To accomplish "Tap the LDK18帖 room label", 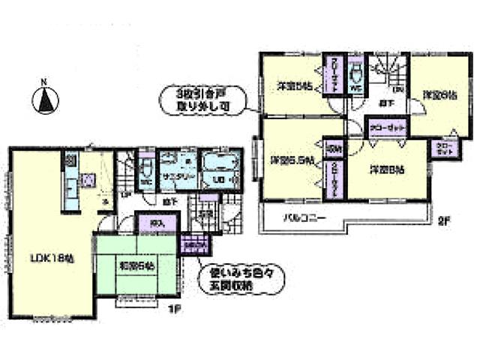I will coord(50,259).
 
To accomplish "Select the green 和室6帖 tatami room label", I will coord(136,265).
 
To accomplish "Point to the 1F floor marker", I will coord(170,307).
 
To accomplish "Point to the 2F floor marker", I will coord(443,221).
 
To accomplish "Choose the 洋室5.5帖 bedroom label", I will coord(289,160).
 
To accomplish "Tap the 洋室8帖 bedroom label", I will coord(386,169).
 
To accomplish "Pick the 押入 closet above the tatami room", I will coord(156,221).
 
